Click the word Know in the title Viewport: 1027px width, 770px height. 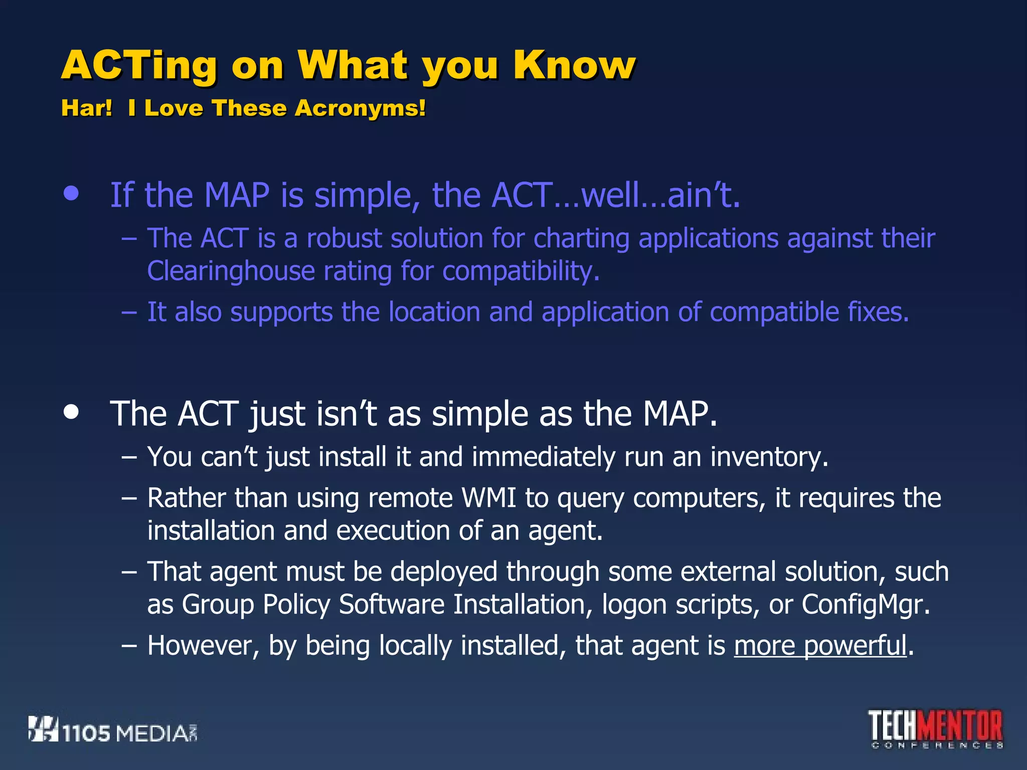tap(574, 65)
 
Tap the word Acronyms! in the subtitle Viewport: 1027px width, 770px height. tap(360, 108)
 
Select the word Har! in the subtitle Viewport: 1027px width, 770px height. tap(86, 108)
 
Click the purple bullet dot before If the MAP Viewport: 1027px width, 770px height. tap(72, 194)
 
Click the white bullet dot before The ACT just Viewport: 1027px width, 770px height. tap(72, 412)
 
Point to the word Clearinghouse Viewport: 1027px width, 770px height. tap(231, 271)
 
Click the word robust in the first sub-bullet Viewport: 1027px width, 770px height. tap(344, 238)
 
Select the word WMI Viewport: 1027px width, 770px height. tap(488, 498)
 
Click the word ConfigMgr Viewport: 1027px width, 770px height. tap(865, 605)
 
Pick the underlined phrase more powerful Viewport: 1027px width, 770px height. tap(820, 646)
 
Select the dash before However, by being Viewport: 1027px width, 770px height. tap(129, 646)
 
